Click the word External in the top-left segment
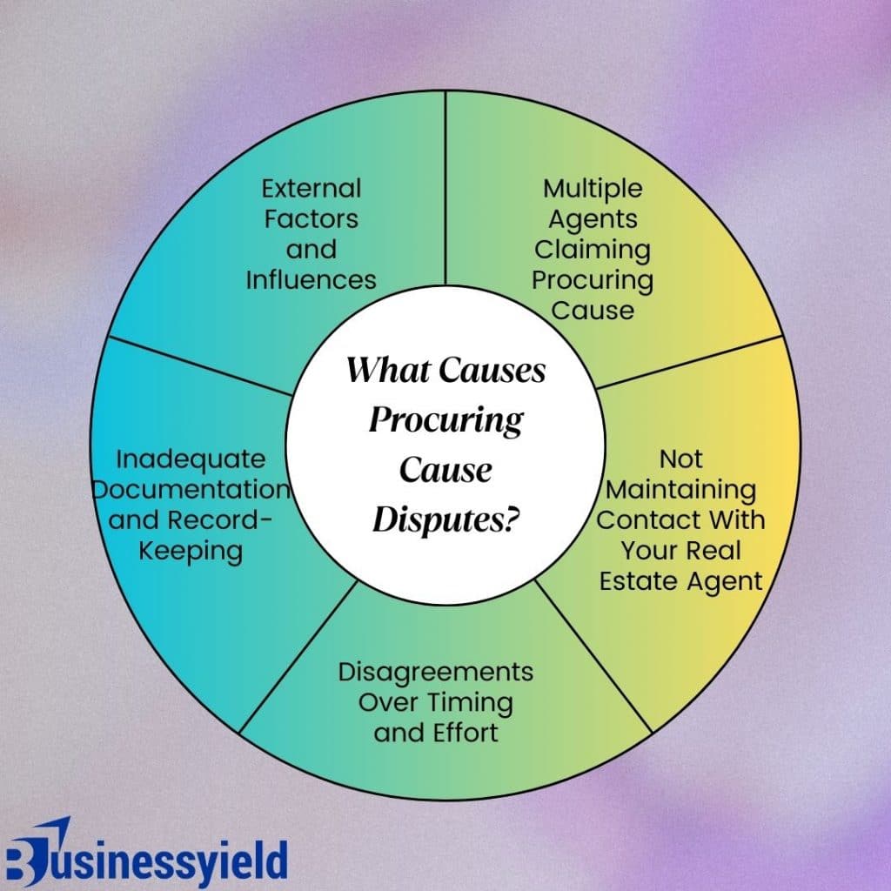tap(311, 188)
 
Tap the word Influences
tap(311, 279)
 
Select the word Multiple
tap(593, 188)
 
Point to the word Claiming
tap(593, 250)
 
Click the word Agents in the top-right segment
tap(593, 219)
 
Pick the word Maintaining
tap(681, 489)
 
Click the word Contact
tap(643, 519)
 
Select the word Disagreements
tap(436, 672)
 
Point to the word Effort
tap(466, 733)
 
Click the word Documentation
tap(190, 489)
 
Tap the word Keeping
tap(190, 550)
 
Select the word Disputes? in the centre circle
tap(446, 520)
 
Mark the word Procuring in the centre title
tap(446, 420)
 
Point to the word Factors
tap(311, 219)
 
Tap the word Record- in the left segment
tap(223, 519)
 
